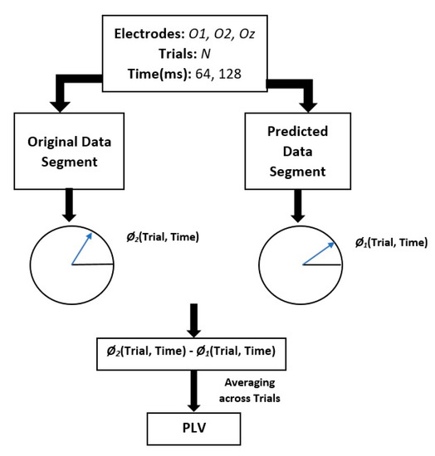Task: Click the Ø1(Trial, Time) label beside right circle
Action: click(387, 243)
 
